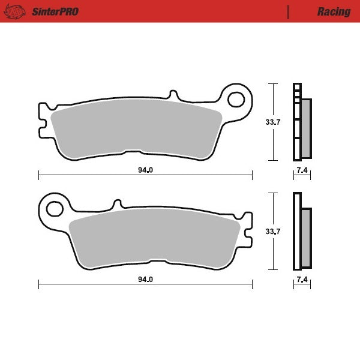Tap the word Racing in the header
point(334,11)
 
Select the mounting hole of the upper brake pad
point(237,98)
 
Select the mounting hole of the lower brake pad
point(55,209)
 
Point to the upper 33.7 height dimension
point(273,122)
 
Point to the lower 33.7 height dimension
point(273,231)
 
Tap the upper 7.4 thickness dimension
point(302,170)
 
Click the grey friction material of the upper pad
point(135,129)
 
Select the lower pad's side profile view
point(301,232)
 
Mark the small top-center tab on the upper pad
point(173,96)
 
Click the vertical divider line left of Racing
point(289,11)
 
